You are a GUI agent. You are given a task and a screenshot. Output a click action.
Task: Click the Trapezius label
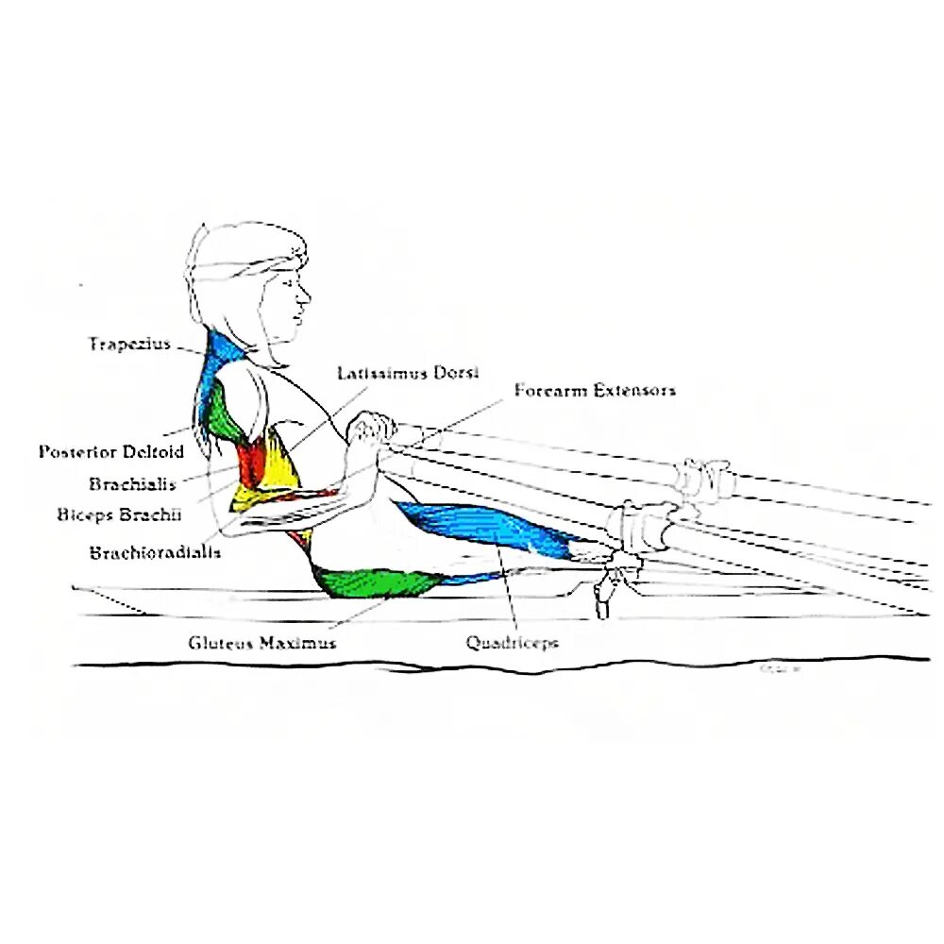[x=130, y=344]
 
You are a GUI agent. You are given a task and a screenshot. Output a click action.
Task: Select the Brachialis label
[x=132, y=484]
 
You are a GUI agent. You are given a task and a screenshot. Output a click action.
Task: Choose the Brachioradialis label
[x=155, y=552]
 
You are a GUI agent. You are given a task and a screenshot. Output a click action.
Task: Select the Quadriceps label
[x=512, y=643]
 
